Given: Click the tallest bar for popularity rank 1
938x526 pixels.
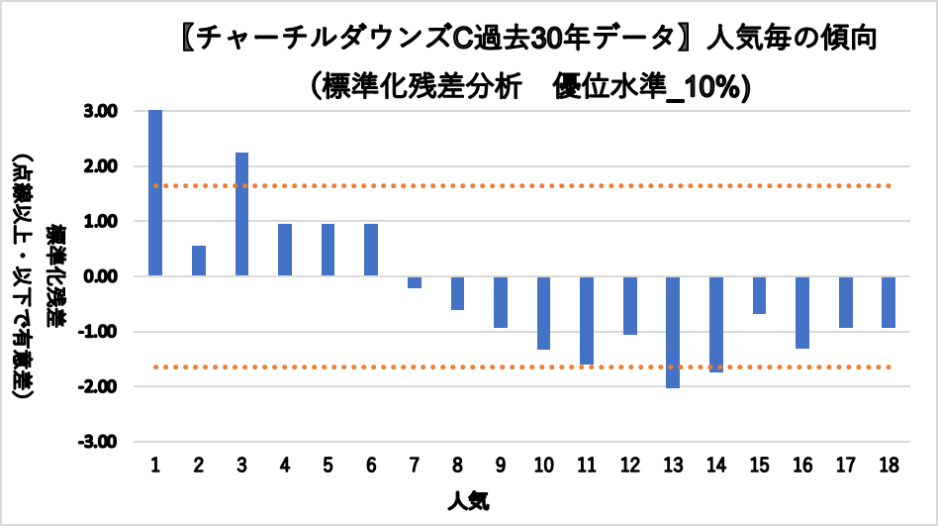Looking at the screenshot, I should click(x=155, y=193).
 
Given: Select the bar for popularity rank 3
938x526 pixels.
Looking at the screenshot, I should click(x=241, y=214).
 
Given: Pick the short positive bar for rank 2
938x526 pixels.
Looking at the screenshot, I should click(x=199, y=261).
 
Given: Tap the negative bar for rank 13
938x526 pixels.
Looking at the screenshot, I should click(x=673, y=332).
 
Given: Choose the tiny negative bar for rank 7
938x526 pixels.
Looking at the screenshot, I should click(x=415, y=282).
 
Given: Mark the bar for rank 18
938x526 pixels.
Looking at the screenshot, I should click(x=889, y=301).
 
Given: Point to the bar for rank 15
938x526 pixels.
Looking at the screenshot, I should click(x=759, y=294).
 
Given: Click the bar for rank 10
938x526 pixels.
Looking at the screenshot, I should click(x=543, y=312).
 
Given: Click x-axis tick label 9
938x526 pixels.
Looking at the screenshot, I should click(x=501, y=466).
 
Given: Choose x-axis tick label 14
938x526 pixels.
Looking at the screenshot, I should click(x=716, y=466).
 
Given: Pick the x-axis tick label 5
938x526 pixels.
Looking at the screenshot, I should click(x=328, y=466).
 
